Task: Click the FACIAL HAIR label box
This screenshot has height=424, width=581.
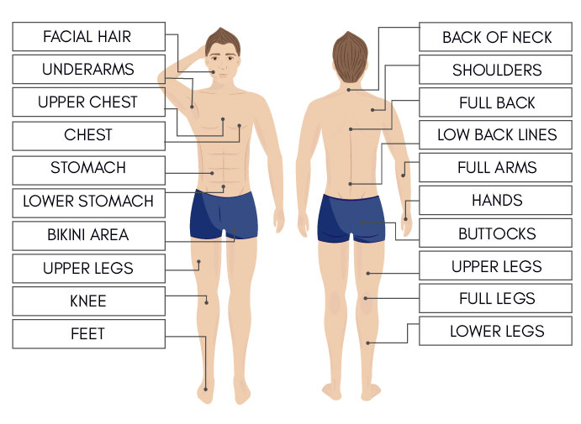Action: [88, 37]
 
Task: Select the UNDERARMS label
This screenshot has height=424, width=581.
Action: [88, 70]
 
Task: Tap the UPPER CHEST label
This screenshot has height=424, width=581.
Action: [88, 102]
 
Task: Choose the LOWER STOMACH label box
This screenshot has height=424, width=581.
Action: [88, 202]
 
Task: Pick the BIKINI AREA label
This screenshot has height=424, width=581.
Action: [88, 235]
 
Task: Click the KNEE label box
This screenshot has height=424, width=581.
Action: [88, 301]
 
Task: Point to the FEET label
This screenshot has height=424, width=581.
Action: [88, 334]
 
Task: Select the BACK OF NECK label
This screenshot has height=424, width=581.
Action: [497, 38]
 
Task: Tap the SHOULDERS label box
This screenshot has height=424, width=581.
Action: [497, 71]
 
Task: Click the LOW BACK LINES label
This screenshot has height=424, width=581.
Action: [497, 135]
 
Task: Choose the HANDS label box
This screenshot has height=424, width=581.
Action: [497, 201]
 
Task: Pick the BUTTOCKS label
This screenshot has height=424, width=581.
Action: [497, 233]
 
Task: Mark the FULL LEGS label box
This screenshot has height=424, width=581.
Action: [497, 299]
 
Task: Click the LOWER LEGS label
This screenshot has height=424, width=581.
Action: [497, 331]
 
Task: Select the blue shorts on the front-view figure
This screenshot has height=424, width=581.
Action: [224, 213]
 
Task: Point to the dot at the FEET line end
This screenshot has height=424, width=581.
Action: [206, 389]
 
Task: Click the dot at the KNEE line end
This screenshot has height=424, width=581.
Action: [206, 301]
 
